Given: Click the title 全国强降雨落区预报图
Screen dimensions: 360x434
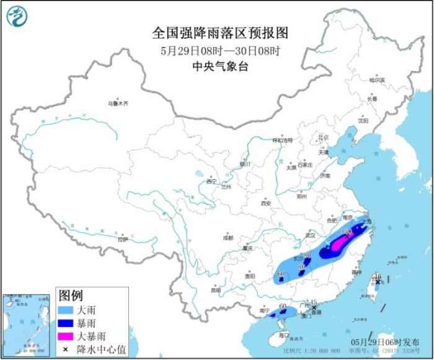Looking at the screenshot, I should coord(217,32).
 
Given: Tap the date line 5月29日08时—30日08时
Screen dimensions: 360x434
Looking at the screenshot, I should coord(217,50).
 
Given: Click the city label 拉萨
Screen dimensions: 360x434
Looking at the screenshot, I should coord(122,238).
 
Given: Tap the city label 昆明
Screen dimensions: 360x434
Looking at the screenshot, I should coord(215,289).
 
